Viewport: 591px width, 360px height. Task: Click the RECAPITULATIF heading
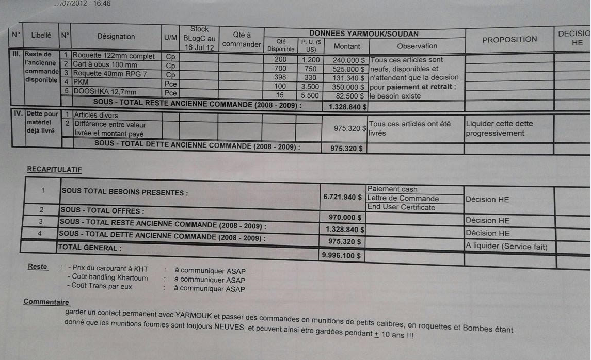tap(54, 169)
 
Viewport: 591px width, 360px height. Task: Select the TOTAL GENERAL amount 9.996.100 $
tap(342, 255)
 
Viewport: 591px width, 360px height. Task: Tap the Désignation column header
tap(116, 37)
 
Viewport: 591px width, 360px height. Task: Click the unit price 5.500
tap(310, 95)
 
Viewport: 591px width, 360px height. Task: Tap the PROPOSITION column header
tap(509, 39)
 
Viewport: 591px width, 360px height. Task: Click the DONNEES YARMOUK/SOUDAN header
tap(363, 34)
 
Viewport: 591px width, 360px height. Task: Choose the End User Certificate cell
tap(401, 207)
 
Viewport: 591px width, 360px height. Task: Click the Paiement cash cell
tap(392, 189)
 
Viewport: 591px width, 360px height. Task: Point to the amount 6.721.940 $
tap(342, 197)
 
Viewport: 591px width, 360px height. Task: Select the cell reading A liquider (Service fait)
tap(506, 247)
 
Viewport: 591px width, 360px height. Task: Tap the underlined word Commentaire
tap(46, 302)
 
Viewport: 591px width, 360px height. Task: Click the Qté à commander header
tap(242, 40)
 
